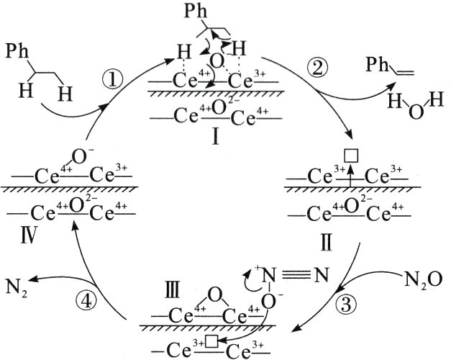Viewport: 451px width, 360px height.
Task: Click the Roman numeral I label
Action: click(x=215, y=136)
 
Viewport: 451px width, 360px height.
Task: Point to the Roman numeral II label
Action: click(x=326, y=240)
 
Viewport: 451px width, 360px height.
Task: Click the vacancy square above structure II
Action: click(x=351, y=153)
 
